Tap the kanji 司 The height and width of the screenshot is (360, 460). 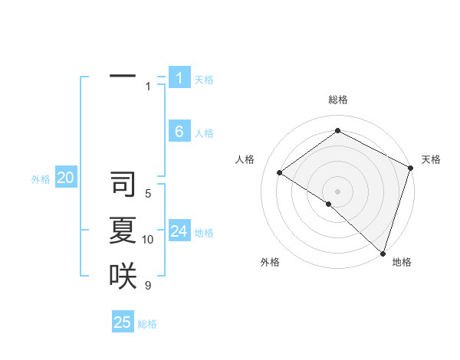pos(123,185)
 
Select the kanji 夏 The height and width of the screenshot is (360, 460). pos(123,231)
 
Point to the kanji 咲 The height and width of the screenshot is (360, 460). pos(123,276)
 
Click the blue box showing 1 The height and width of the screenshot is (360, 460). pos(179,77)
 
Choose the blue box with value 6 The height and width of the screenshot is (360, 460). pos(179,132)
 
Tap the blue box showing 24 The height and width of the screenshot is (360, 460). pos(179,231)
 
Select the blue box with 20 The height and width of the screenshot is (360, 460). pos(66,178)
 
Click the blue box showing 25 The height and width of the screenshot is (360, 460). pos(123,322)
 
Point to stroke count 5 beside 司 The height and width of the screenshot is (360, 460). pos(148,194)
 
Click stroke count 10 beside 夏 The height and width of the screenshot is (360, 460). pos(148,240)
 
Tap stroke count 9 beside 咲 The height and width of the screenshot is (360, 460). pos(148,286)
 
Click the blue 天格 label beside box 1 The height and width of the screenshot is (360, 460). pos(204,79)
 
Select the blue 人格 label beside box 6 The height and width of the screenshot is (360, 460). pos(204,133)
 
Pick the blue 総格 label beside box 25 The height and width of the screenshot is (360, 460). pos(147,324)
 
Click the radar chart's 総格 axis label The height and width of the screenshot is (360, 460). pos(338,100)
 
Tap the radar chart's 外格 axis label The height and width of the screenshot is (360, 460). pos(270,262)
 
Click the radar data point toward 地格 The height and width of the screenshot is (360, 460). pos(383,252)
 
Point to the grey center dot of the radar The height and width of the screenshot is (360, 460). pos(337,191)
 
